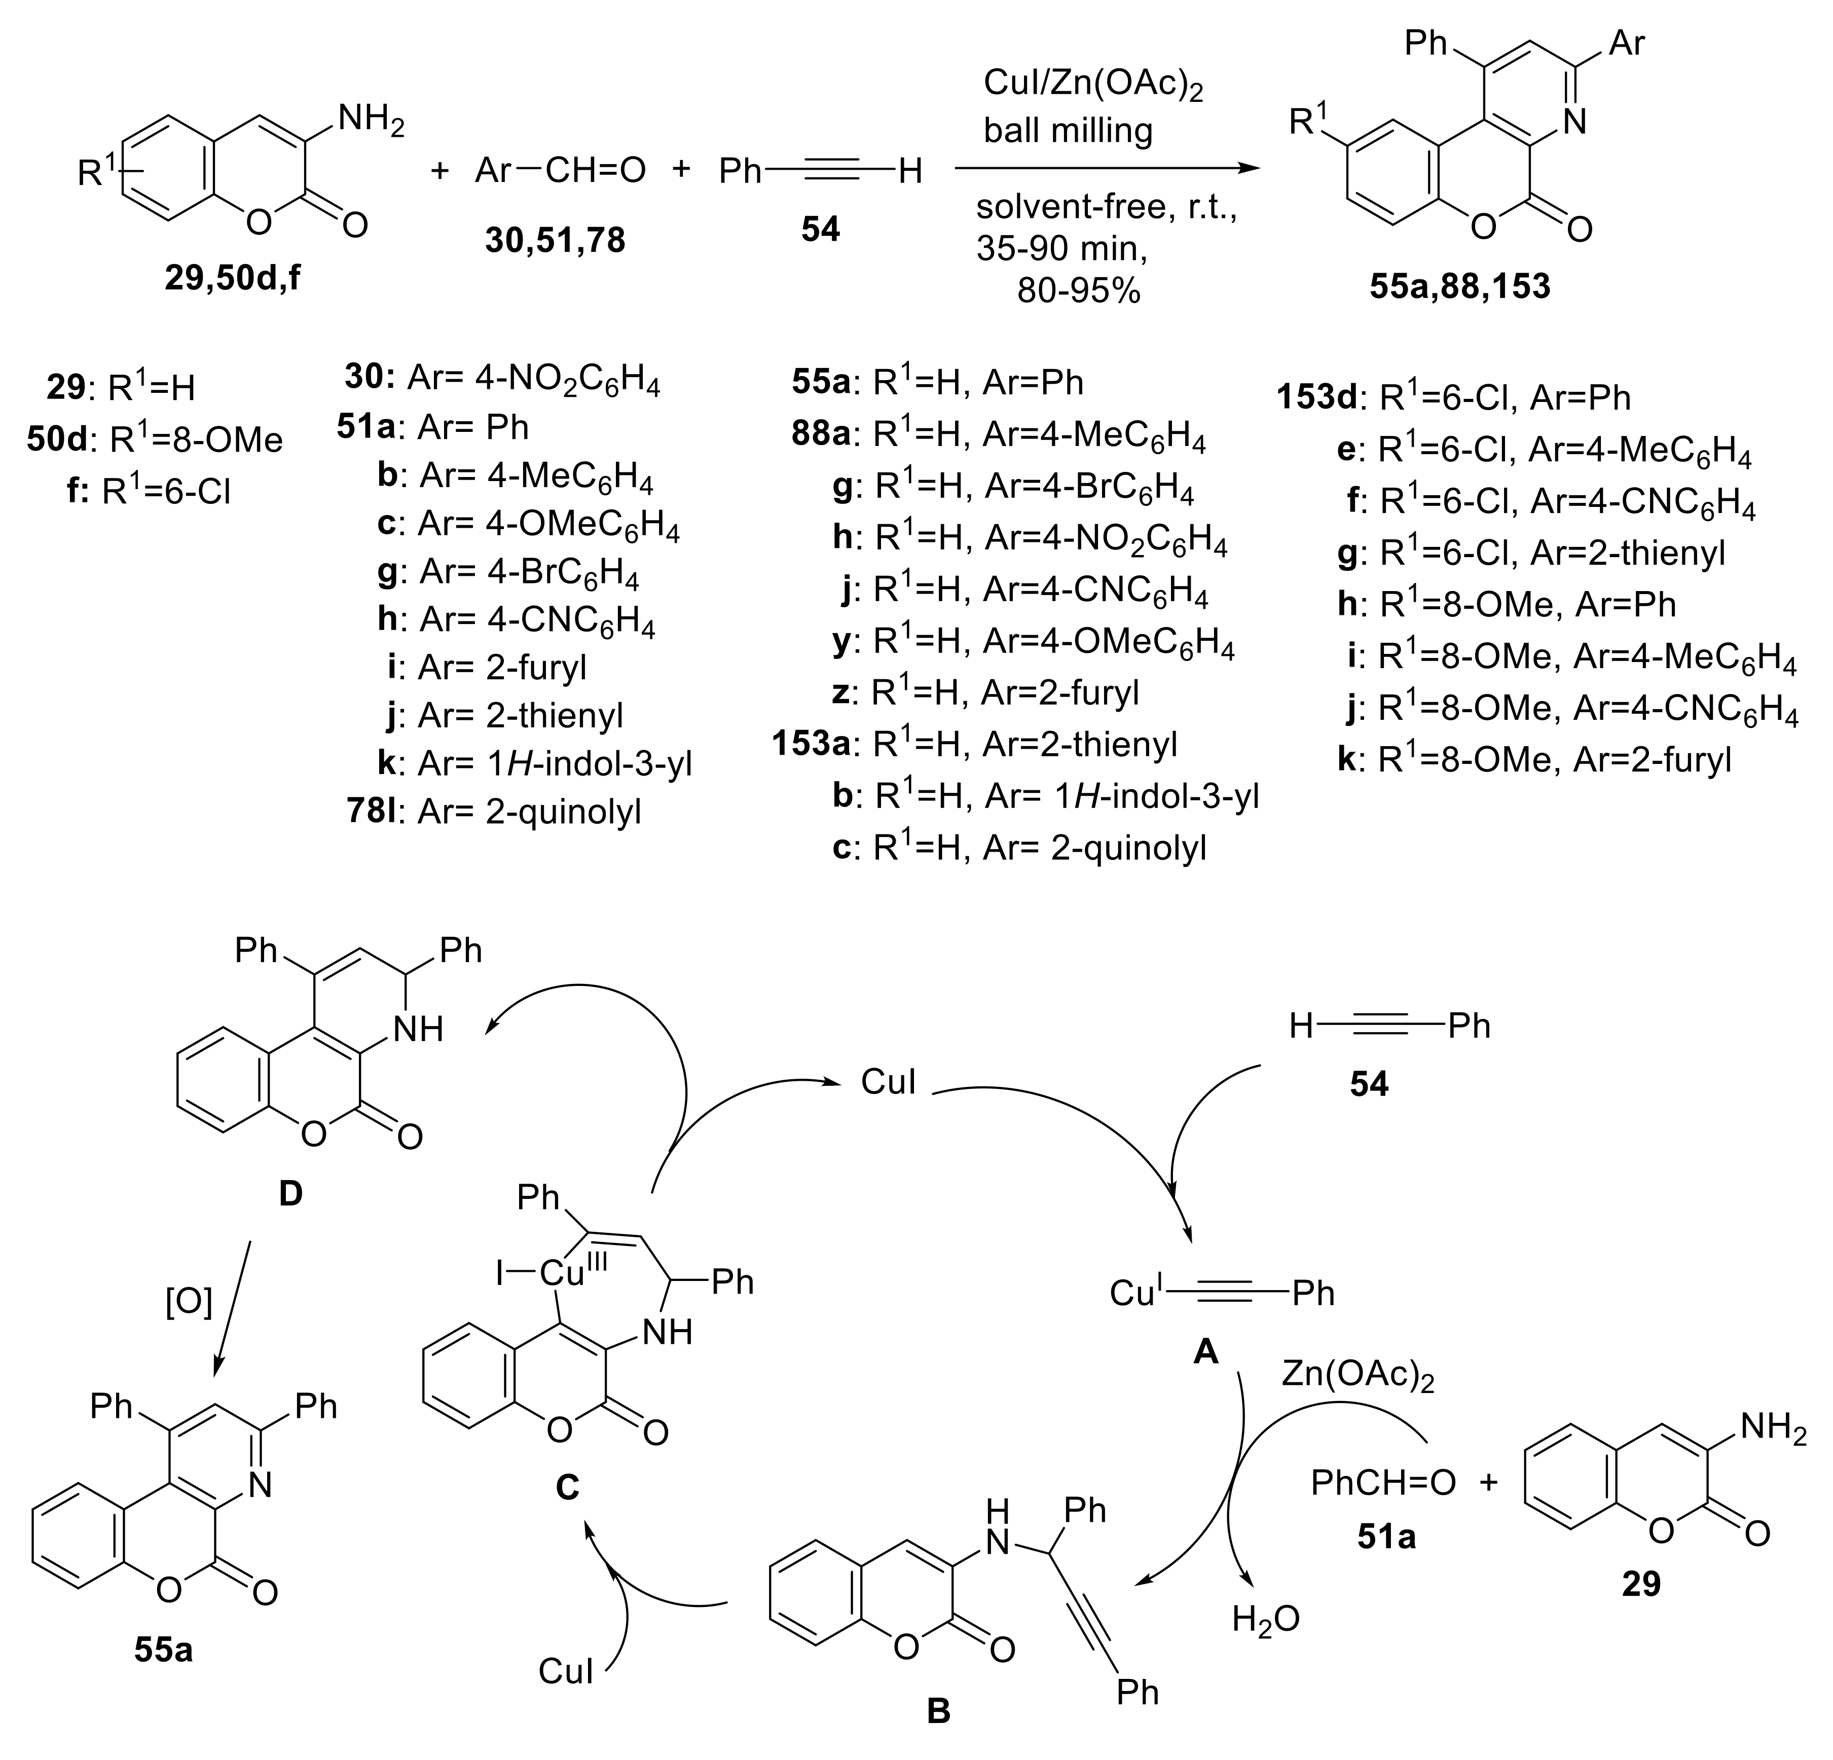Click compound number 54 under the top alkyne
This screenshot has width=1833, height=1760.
[x=820, y=229]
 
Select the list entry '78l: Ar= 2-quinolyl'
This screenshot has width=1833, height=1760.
[x=494, y=811]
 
